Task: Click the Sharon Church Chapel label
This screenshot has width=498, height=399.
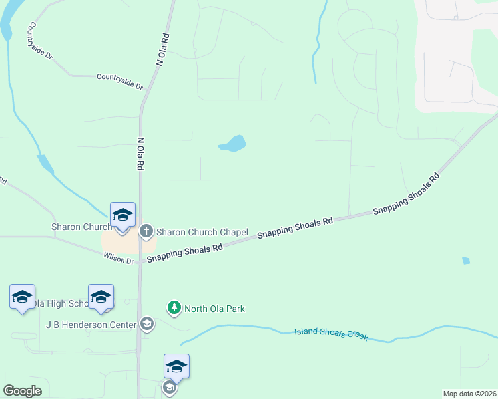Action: click(202, 233)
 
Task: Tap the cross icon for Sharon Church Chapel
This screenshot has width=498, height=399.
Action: click(146, 232)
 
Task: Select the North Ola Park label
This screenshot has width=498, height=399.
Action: click(214, 309)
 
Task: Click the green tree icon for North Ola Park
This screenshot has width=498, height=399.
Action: click(174, 308)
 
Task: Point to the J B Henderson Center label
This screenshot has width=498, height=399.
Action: click(91, 325)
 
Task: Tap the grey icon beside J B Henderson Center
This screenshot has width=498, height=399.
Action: click(146, 325)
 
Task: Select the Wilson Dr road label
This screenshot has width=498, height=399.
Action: click(119, 258)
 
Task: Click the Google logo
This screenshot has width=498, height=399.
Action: click(22, 391)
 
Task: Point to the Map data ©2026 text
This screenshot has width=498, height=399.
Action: click(469, 393)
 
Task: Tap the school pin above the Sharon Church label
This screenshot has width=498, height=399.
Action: click(123, 215)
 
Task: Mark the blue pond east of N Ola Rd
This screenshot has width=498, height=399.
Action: click(233, 144)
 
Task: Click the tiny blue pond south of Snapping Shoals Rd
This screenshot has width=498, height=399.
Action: click(466, 261)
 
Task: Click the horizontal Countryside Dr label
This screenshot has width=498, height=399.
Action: click(120, 82)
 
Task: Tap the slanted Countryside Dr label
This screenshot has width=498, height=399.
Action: click(39, 41)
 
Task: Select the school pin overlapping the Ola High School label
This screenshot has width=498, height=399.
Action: click(101, 297)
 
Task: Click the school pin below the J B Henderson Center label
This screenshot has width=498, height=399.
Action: click(176, 366)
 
